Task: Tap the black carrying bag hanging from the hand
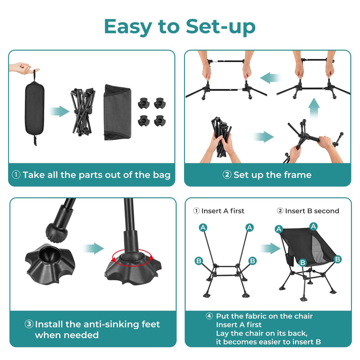click(x=34, y=108)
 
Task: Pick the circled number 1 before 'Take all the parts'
click(x=16, y=175)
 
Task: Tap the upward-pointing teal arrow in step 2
click(x=314, y=108)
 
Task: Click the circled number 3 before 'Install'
click(x=29, y=324)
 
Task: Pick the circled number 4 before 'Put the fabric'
click(x=209, y=316)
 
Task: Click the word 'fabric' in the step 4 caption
click(x=259, y=316)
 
